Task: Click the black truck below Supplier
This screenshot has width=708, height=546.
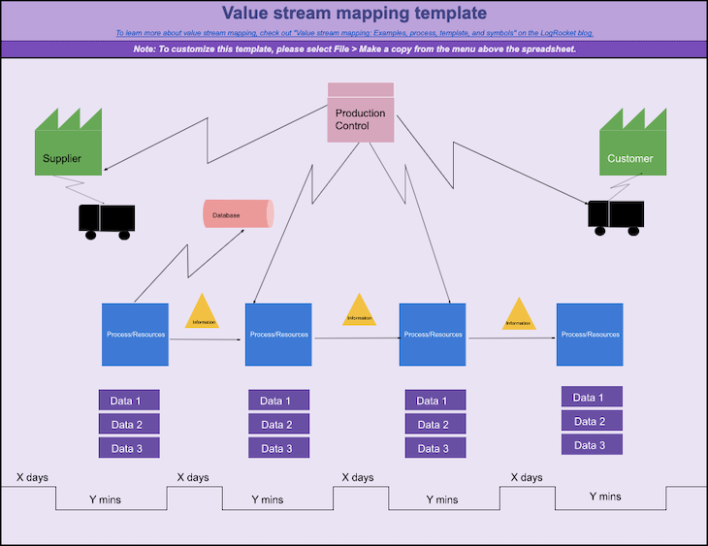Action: coord(106,220)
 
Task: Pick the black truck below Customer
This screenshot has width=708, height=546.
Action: coord(616,216)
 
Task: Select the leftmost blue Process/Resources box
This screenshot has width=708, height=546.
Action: coord(135,334)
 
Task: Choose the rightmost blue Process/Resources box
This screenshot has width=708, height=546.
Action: coord(590,334)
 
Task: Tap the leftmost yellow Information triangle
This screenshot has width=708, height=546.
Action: coord(204,313)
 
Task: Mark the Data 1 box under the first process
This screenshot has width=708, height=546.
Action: coord(128,401)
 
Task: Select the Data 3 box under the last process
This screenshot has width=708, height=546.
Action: coord(591,445)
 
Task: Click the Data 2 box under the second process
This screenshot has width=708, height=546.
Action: coord(278,424)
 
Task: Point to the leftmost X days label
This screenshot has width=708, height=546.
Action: coord(32,477)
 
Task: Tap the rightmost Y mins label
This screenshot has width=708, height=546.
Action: coord(605,496)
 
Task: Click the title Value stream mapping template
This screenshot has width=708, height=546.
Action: coord(354,14)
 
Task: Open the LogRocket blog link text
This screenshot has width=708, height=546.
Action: coord(354,33)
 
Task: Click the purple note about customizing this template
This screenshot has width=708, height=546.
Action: coord(354,48)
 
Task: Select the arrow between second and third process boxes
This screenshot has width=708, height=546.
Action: coord(355,337)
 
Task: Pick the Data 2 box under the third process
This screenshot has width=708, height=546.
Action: coord(434,424)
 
